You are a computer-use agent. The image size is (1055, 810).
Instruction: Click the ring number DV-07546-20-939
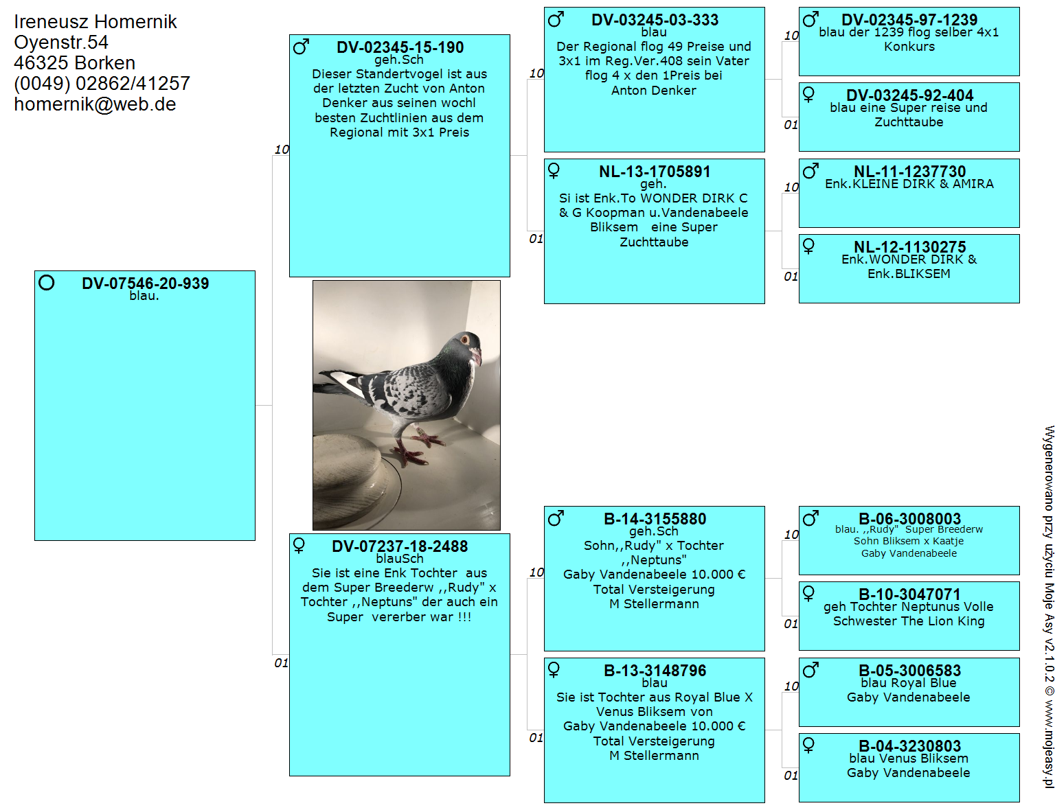[x=145, y=283]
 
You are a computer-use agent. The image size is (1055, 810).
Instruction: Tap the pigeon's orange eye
[x=464, y=339]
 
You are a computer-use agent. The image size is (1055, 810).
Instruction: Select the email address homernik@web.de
[x=95, y=104]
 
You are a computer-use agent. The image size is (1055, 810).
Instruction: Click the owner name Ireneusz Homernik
[x=95, y=22]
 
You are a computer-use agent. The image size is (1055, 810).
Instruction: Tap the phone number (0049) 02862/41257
[x=102, y=84]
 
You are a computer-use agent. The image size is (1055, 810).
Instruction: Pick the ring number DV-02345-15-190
[x=400, y=47]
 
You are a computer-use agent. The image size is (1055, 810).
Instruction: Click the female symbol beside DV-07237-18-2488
[x=299, y=546]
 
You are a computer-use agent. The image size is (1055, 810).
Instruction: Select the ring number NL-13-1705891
[x=655, y=171]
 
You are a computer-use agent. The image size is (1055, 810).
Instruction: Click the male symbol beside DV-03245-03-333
[x=556, y=20]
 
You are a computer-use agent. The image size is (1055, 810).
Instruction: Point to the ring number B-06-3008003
[x=909, y=518]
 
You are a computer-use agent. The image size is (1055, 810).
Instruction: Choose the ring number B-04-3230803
[x=909, y=745]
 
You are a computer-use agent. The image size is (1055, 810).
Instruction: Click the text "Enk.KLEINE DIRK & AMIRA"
[x=909, y=185]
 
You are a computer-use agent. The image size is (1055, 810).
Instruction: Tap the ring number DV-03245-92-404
[x=909, y=95]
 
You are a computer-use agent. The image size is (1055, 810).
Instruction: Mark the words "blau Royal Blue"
[x=909, y=683]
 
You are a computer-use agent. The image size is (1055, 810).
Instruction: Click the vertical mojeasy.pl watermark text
[x=1049, y=606]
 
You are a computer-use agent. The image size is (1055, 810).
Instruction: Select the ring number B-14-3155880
[x=655, y=518]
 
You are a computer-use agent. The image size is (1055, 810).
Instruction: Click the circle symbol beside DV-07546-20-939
[x=47, y=282]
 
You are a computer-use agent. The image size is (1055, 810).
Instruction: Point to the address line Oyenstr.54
[x=60, y=43]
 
